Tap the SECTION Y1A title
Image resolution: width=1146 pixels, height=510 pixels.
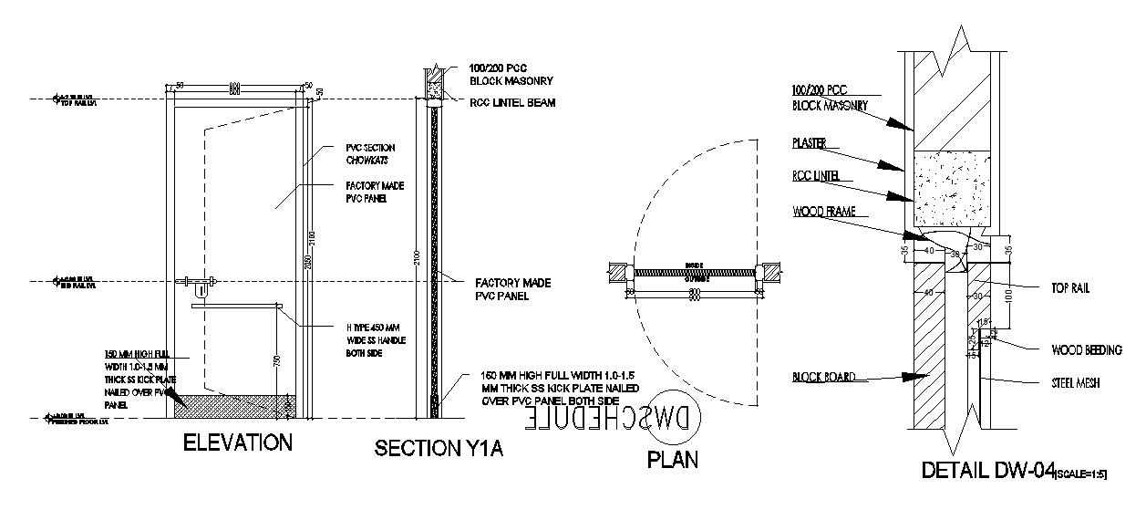point(440,449)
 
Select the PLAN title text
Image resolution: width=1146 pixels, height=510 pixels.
point(673,459)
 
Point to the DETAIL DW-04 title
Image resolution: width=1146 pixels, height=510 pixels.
point(987,471)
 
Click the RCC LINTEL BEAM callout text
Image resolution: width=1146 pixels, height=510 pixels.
point(512,103)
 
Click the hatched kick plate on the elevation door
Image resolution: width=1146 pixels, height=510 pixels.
point(238,403)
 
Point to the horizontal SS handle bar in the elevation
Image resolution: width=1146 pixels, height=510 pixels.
point(237,307)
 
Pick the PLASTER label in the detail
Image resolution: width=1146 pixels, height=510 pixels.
point(810,143)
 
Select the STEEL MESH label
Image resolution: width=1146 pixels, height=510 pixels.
point(1076,383)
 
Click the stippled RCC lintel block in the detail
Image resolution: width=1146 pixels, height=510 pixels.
point(951,188)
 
